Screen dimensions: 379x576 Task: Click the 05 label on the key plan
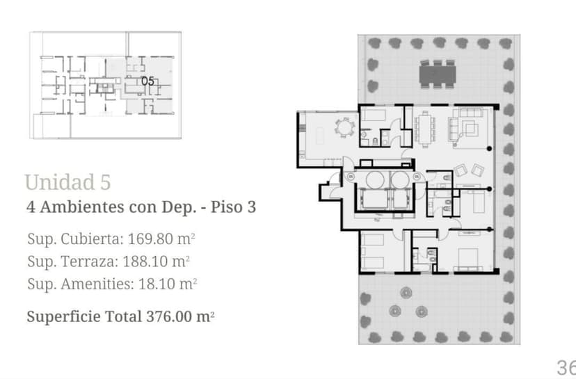[x=147, y=81]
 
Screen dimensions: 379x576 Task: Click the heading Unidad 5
[x=67, y=182]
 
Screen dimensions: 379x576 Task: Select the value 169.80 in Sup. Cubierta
[x=149, y=240]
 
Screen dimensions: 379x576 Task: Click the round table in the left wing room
[x=345, y=128]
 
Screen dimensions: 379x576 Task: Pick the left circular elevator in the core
[x=371, y=179]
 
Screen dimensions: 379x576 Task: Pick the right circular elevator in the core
[x=400, y=179]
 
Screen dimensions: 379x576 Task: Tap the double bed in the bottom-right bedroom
[x=470, y=258]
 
